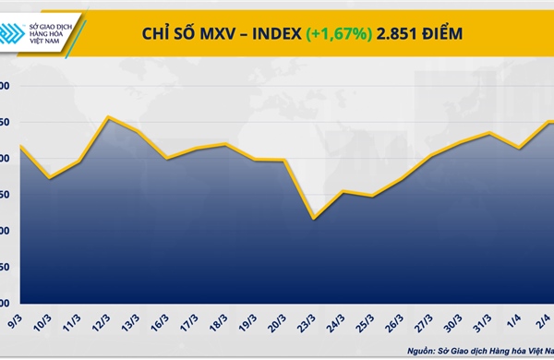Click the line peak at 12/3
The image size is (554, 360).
[109, 117]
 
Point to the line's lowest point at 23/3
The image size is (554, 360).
[314, 219]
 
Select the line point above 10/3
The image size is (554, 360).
[50, 177]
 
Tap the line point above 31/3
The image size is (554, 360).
[490, 133]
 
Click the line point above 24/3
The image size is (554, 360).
[343, 192]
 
